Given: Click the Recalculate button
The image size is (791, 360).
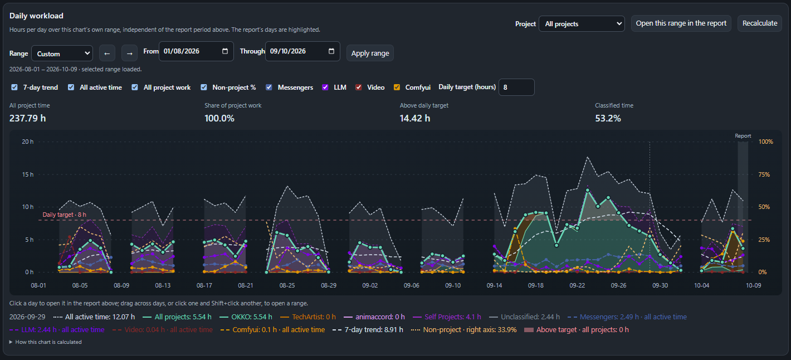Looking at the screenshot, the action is pyautogui.click(x=760, y=23).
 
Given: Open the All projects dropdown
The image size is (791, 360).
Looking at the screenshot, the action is pyautogui.click(x=582, y=23).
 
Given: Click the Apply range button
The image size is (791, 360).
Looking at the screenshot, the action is pyautogui.click(x=370, y=53).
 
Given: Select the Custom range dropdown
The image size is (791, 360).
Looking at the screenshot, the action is pyautogui.click(x=62, y=53).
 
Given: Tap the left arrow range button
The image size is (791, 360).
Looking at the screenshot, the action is pyautogui.click(x=107, y=53).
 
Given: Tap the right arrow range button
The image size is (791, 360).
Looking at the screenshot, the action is pyautogui.click(x=130, y=53).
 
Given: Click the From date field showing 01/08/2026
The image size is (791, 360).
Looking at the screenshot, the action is pyautogui.click(x=196, y=51).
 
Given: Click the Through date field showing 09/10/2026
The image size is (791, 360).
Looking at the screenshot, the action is pyautogui.click(x=302, y=51).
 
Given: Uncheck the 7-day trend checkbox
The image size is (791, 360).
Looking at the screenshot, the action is pyautogui.click(x=14, y=87).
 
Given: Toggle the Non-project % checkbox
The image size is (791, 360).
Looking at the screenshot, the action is pyautogui.click(x=204, y=87).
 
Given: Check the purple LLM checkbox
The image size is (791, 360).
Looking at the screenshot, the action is pyautogui.click(x=325, y=87).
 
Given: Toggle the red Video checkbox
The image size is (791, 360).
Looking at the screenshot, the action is pyautogui.click(x=358, y=87).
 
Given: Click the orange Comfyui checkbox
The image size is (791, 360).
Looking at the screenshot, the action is pyautogui.click(x=397, y=87).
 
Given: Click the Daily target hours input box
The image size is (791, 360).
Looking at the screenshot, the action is pyautogui.click(x=516, y=87).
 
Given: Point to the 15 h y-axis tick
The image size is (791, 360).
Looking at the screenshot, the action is pyautogui.click(x=27, y=174).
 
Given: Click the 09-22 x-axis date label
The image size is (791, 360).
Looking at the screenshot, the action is pyautogui.click(x=577, y=285).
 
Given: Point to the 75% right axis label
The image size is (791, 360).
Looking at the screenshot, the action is pyautogui.click(x=764, y=174).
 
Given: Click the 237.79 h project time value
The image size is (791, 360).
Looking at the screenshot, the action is pyautogui.click(x=27, y=118).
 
